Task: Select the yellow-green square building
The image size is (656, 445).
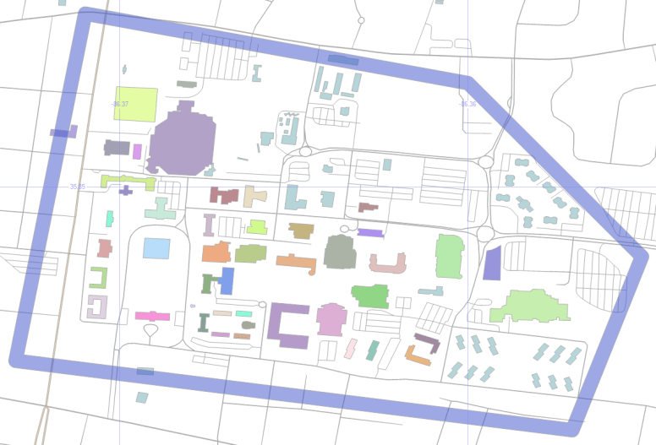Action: pos(135,105)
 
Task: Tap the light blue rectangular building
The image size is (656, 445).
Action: pos(156,248)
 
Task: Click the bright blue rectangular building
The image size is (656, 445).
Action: pos(227,280)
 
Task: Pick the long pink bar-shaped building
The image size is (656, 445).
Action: pos(152,316)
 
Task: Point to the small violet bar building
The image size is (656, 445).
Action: pos(370,232)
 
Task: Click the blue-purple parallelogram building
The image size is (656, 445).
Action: pos(492,263)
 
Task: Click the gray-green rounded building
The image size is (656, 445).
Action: pos(340,252)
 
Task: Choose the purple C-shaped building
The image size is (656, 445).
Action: pos(287,325)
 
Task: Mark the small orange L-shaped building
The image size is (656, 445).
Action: pos(418,355)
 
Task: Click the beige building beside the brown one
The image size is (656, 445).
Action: pos(254,196)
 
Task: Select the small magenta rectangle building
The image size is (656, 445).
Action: pos(137,151)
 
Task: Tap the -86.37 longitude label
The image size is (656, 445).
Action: pos(120,104)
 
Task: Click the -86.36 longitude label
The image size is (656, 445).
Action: pos(467,104)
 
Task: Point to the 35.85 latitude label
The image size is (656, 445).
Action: pos(77,186)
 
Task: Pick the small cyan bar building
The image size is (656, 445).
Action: pos(243,313)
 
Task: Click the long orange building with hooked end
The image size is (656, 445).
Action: pos(297,263)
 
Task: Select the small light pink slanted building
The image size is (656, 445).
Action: pos(350,349)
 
